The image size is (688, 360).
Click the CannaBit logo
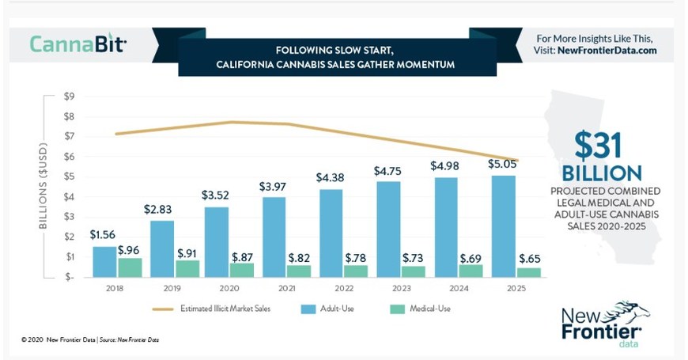[x=77, y=43]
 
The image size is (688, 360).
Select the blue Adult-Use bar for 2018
[x=104, y=262]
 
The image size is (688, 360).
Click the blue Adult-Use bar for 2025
[x=503, y=226]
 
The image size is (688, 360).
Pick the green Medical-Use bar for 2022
[x=356, y=271]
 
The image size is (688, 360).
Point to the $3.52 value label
[x=216, y=195]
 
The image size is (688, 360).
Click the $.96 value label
[x=129, y=250]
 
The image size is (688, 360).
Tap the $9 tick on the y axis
[x=70, y=96]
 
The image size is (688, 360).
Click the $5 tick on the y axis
[x=70, y=176]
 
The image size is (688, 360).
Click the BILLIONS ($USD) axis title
[x=44, y=186]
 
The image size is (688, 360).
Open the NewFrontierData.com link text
[x=607, y=50]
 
